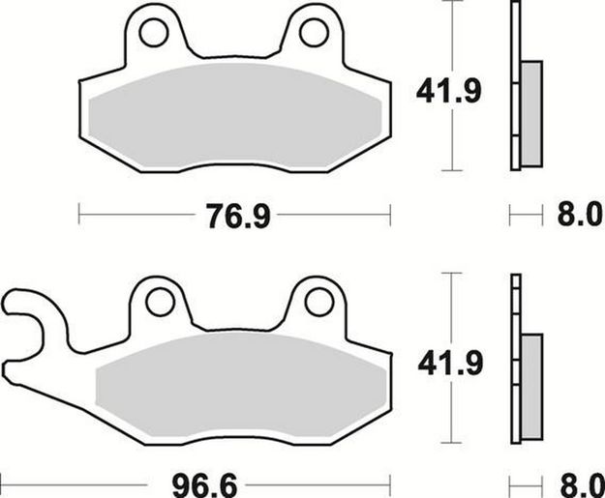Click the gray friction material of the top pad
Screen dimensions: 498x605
(232, 116)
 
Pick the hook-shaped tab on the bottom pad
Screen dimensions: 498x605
(24, 314)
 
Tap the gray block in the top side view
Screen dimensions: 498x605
(531, 111)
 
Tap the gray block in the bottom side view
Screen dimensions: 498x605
(531, 382)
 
